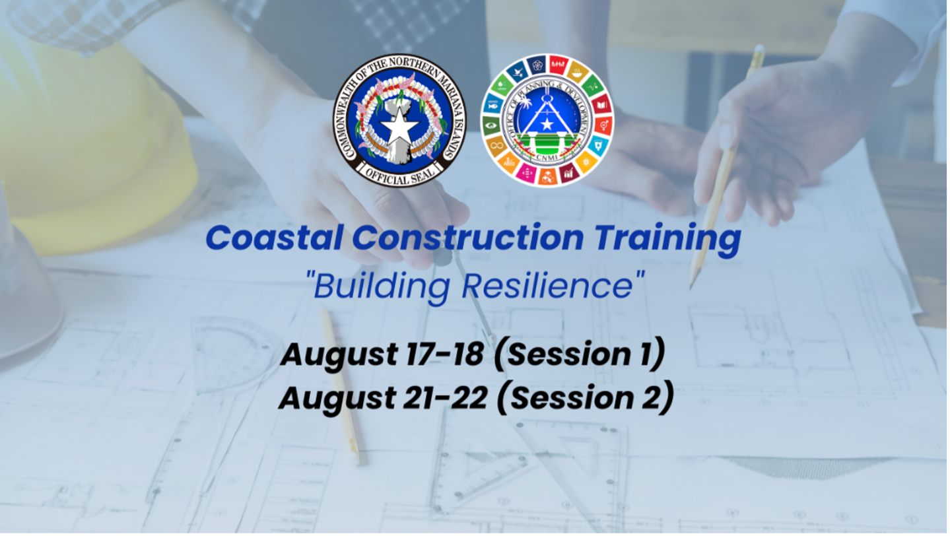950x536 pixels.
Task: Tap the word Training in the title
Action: coord(667,240)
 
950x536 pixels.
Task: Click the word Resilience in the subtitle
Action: coord(548,286)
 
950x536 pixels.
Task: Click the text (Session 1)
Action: coord(580,354)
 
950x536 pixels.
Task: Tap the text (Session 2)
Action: coord(586,398)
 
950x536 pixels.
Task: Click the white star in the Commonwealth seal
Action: coord(399,127)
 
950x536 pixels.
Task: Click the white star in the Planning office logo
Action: coord(547,124)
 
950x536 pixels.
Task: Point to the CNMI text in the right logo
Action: coord(547,158)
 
